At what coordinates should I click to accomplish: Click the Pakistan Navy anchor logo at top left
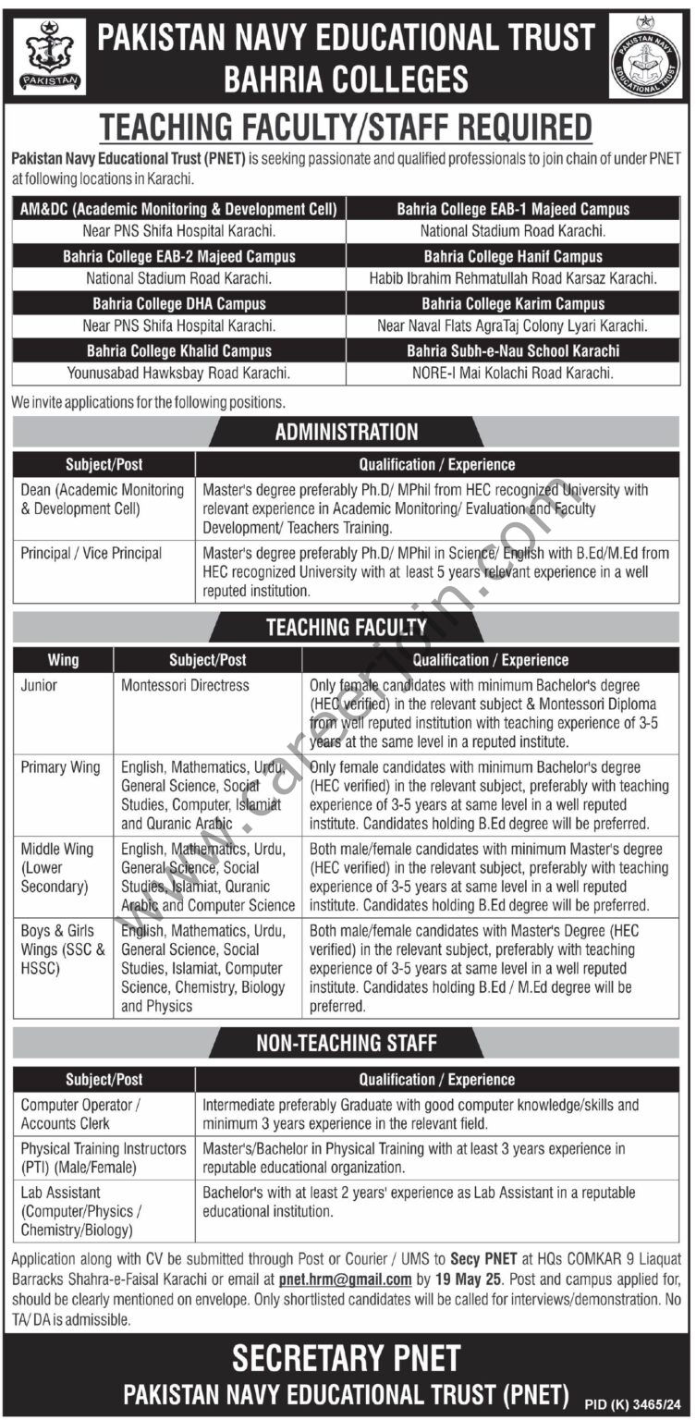point(50,55)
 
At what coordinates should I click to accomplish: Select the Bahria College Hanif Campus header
point(513,256)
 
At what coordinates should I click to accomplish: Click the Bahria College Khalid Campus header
point(179,350)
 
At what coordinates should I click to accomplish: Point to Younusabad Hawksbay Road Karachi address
point(179,373)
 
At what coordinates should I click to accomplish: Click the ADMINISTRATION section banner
point(347,432)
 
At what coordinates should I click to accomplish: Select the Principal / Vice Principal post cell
point(92,553)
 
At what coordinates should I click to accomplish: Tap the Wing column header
point(64,660)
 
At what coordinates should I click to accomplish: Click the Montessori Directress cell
point(186,686)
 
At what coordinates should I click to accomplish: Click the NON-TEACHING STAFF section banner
point(347,1043)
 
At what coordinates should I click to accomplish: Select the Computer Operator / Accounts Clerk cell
point(81,1113)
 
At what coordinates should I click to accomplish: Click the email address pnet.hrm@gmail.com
point(345,1279)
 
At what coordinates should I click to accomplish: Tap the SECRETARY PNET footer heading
point(347,1358)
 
